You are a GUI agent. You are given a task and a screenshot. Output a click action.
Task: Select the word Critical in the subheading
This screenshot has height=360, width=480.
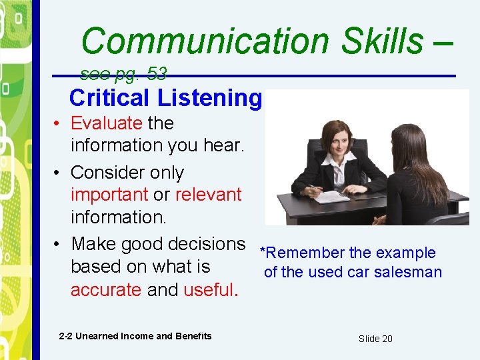pyautogui.click(x=109, y=98)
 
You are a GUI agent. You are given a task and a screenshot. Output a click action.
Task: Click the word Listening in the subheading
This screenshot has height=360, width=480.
pyautogui.click(x=209, y=98)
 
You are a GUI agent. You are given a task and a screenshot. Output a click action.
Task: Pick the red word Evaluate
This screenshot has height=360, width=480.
pyautogui.click(x=107, y=123)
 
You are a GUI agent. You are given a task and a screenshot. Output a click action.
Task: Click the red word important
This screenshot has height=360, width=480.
pyautogui.click(x=109, y=195)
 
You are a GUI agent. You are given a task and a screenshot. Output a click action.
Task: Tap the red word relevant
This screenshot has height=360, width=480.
pyautogui.click(x=208, y=195)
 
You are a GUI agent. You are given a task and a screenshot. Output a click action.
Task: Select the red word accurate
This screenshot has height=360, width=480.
pyautogui.click(x=106, y=290)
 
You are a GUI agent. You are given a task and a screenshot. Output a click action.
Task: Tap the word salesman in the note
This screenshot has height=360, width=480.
pyautogui.click(x=410, y=272)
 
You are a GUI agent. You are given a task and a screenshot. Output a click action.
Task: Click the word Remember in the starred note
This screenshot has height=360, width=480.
pyautogui.click(x=305, y=253)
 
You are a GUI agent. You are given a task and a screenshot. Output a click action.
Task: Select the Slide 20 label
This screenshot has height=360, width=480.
pyautogui.click(x=375, y=339)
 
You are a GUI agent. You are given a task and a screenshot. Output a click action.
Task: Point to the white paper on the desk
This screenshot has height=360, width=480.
pyautogui.click(x=331, y=196)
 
